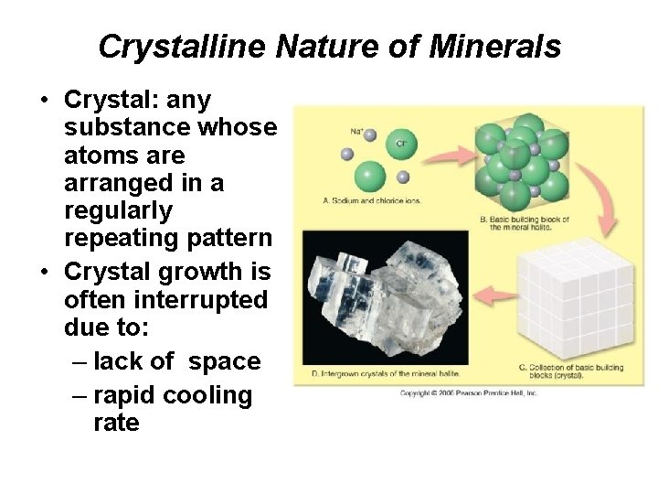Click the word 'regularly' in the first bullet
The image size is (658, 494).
click(x=119, y=212)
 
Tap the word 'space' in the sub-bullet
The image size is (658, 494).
click(x=225, y=361)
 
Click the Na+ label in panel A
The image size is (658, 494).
click(x=357, y=131)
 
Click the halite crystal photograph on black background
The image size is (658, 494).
click(x=384, y=297)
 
